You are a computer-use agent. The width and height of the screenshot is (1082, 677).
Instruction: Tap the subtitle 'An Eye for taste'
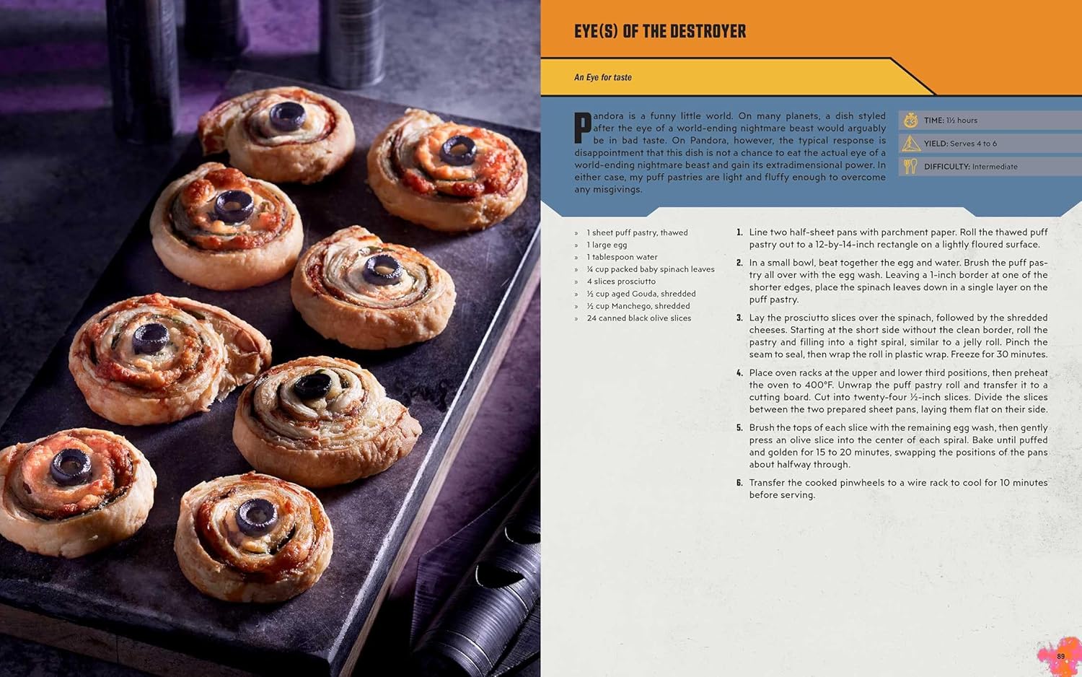click(x=602, y=77)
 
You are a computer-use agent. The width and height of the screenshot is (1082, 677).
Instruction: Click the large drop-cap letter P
click(x=582, y=128)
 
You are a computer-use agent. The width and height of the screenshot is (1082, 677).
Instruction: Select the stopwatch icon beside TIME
click(x=910, y=120)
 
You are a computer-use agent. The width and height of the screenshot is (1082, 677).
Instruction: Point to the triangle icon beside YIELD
click(x=910, y=144)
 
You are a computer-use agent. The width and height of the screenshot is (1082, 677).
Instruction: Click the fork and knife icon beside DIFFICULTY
click(x=910, y=167)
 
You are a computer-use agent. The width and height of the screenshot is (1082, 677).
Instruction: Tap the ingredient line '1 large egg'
click(x=606, y=245)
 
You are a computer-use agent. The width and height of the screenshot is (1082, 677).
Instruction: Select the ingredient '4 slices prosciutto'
click(x=620, y=281)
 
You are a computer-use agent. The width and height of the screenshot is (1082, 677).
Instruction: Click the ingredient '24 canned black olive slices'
click(x=638, y=318)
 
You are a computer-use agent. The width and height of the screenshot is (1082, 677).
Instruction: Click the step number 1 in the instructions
click(x=739, y=232)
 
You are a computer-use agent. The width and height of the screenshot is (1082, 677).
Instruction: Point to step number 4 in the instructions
click(x=739, y=373)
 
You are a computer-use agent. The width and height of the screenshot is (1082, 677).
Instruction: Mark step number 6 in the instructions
click(x=739, y=483)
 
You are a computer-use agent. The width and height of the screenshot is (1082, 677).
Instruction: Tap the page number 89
click(x=1060, y=656)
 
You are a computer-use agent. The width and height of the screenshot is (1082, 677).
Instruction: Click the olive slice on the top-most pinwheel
click(x=287, y=115)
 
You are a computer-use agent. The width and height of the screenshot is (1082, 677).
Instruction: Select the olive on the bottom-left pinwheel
click(x=70, y=466)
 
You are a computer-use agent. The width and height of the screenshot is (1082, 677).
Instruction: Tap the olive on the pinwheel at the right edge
click(x=458, y=149)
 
